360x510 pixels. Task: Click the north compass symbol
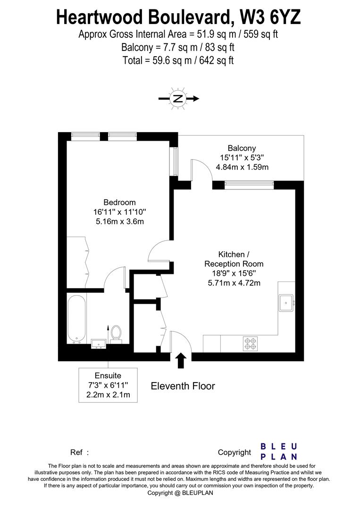178,99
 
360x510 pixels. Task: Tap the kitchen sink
286,303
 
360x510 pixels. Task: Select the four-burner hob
250,344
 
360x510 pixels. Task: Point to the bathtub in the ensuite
76,319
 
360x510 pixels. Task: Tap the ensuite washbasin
99,343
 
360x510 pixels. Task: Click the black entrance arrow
180,360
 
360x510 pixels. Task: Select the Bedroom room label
119,203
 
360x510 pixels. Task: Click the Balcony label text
242,148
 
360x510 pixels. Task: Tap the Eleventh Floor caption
183,386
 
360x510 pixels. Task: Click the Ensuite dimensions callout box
108,385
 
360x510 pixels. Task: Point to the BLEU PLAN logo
279,451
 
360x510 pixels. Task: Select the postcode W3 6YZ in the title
269,17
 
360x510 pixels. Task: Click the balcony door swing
201,170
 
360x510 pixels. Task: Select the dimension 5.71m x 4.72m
234,283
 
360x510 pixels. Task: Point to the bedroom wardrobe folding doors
86,262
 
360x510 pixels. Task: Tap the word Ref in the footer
77,452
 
